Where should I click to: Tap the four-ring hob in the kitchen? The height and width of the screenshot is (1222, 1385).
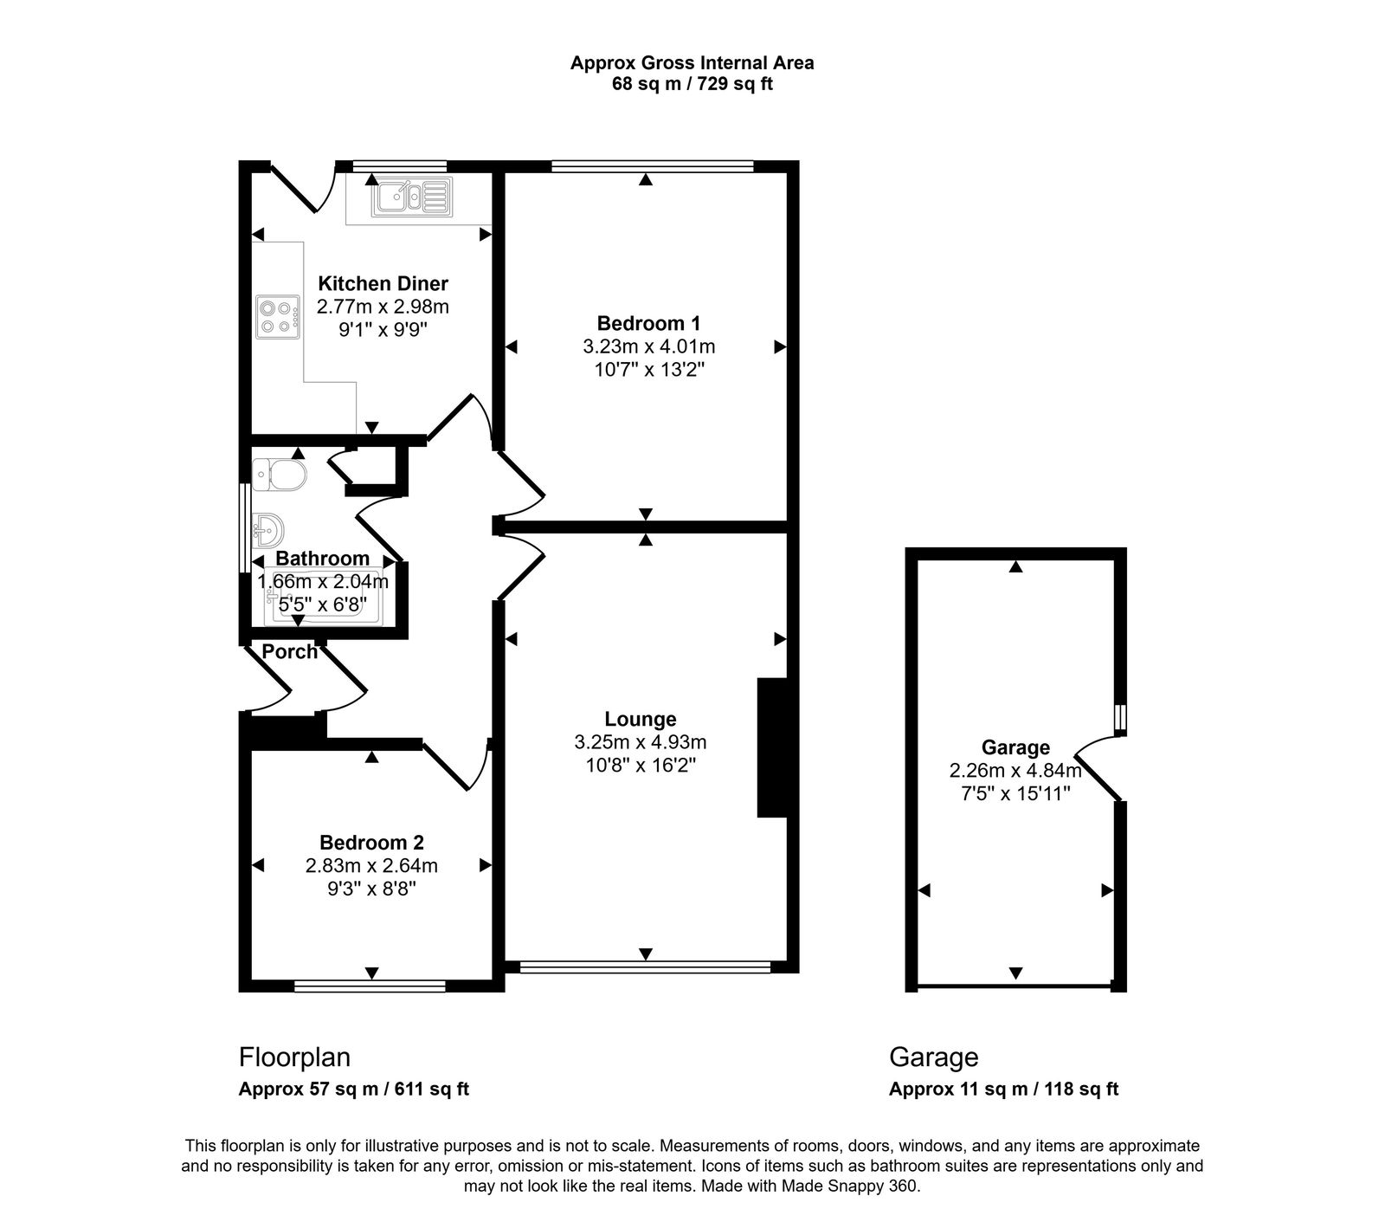[277, 316]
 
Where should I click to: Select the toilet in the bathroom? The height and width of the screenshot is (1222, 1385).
[281, 475]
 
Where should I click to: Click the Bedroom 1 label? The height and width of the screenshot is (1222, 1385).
[648, 324]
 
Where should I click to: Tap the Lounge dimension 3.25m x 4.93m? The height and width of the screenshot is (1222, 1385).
[640, 742]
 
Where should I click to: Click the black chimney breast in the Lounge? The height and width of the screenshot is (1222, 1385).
[770, 747]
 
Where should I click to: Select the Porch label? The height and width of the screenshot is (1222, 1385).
[289, 652]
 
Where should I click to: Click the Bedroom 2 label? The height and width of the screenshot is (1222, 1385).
[371, 843]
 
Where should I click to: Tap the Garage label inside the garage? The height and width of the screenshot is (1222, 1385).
[1015, 747]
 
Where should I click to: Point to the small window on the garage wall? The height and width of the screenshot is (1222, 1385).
[1120, 717]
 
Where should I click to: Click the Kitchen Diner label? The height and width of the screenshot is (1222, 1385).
[383, 283]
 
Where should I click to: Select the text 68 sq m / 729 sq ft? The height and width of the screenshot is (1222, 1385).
[692, 85]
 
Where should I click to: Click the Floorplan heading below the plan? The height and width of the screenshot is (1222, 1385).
[294, 1057]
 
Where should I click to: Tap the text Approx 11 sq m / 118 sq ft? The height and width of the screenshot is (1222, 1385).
[1003, 1089]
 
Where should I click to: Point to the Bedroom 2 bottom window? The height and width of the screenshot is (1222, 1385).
[370, 986]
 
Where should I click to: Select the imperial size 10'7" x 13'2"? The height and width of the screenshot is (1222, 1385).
[648, 370]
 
